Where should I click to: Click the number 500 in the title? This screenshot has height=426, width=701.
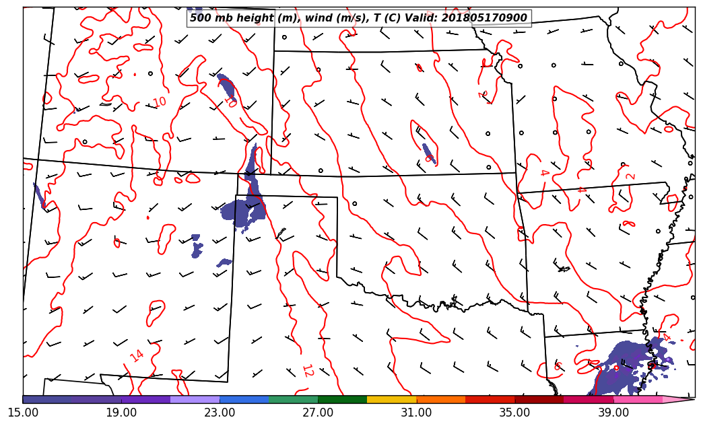tap(201, 18)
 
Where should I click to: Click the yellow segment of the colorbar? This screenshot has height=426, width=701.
tap(392, 399)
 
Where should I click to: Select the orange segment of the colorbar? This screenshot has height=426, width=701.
tap(441, 399)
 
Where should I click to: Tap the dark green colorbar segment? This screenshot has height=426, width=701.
tap(343, 399)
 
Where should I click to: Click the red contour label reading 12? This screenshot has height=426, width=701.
tap(307, 370)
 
